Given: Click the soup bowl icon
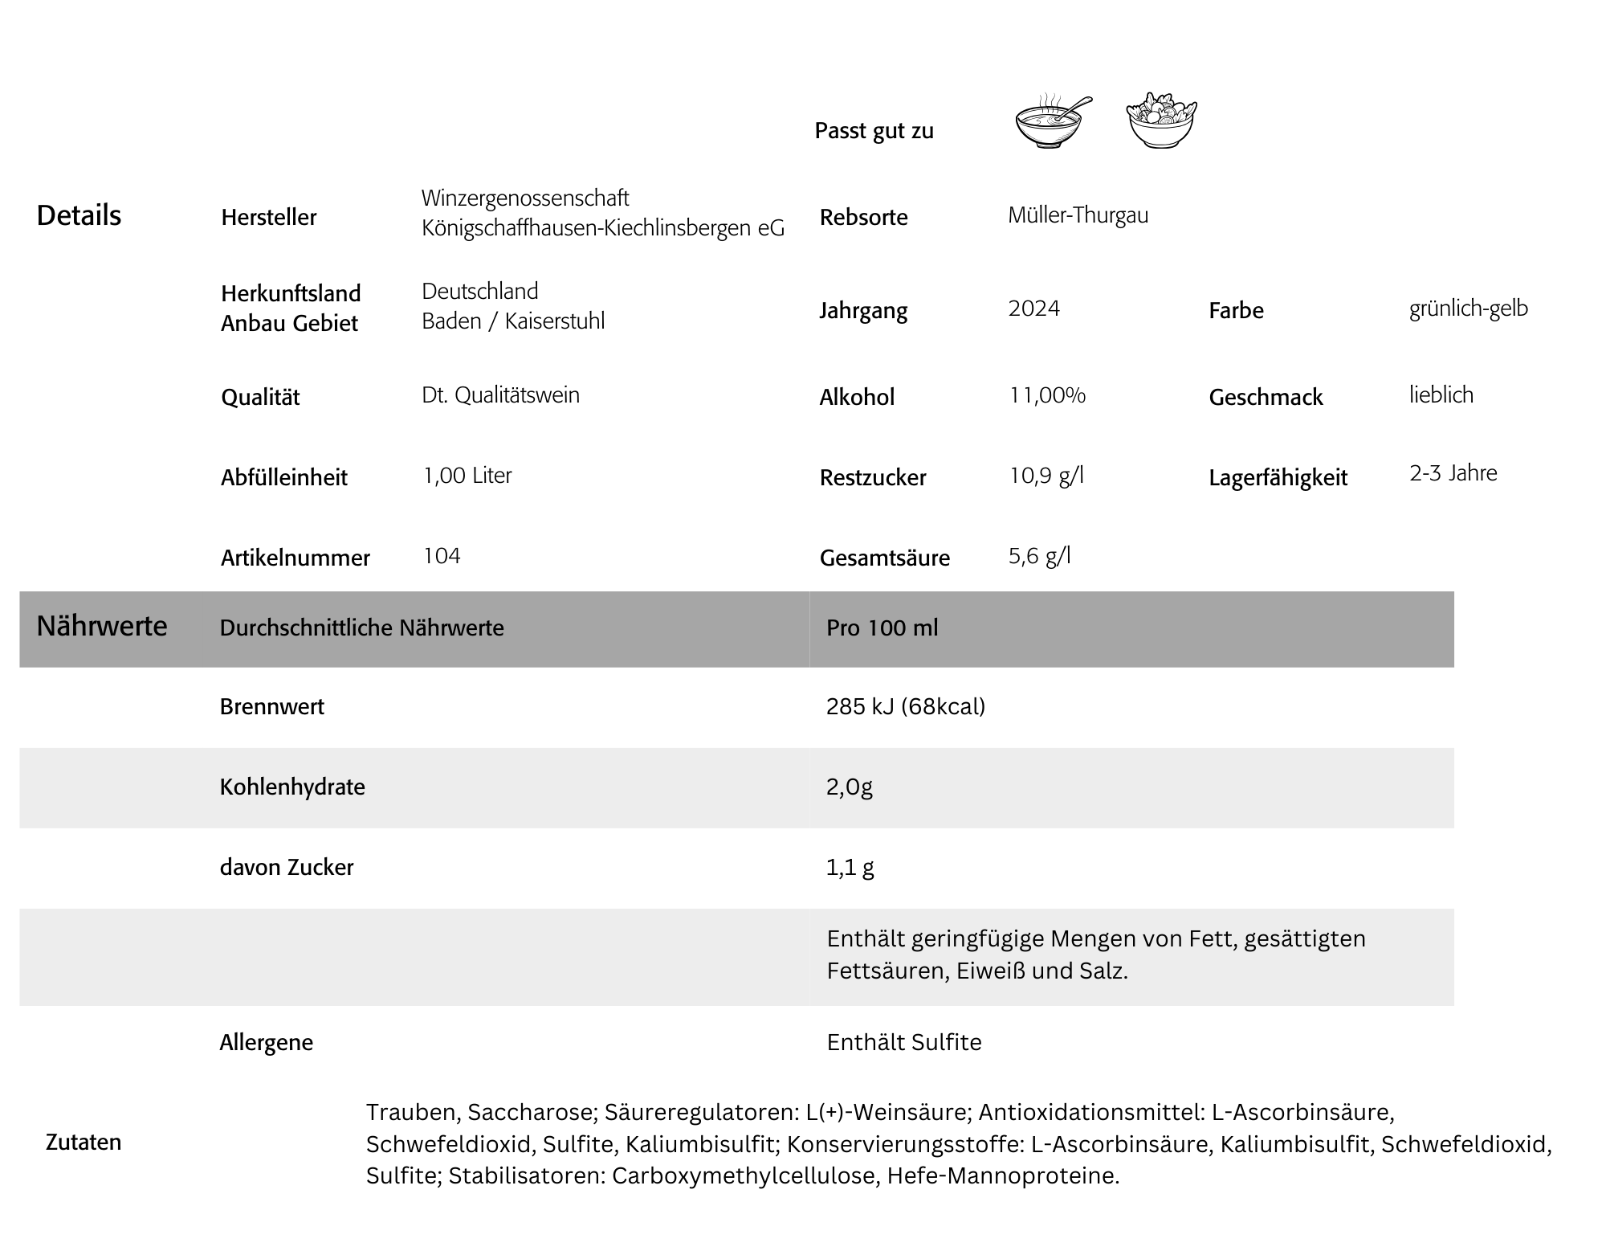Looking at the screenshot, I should [x=1050, y=123].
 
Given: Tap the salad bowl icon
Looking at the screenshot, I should [x=1161, y=121].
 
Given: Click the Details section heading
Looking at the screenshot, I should [x=79, y=215].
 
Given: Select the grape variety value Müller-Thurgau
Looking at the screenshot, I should [x=1078, y=215].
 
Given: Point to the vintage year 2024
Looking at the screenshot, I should [x=1033, y=309].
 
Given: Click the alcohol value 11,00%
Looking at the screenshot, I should [x=1047, y=395].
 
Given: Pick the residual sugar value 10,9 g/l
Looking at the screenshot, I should [x=1046, y=476].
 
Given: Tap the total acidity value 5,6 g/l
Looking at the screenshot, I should [x=1039, y=556].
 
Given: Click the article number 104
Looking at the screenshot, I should [x=442, y=556].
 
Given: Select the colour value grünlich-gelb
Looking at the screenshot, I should [x=1468, y=309].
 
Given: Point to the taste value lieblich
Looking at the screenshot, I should [x=1441, y=395].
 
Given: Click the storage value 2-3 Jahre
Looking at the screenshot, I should [x=1453, y=473].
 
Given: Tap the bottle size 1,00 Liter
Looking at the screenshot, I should [x=467, y=476].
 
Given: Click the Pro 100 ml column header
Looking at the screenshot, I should [x=882, y=627].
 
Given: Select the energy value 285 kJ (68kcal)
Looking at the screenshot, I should [x=905, y=706].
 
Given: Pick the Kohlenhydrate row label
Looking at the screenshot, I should [x=292, y=787].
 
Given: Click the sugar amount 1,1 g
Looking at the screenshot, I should [x=850, y=867].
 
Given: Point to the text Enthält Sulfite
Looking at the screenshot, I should [x=903, y=1042].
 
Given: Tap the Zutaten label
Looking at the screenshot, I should [x=84, y=1142].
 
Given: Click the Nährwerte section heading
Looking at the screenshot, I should [x=102, y=626].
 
